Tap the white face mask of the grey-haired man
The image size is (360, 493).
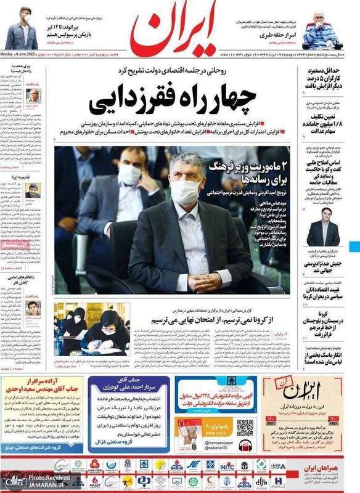186,193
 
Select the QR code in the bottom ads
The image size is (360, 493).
245,427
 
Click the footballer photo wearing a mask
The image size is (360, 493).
22,23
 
